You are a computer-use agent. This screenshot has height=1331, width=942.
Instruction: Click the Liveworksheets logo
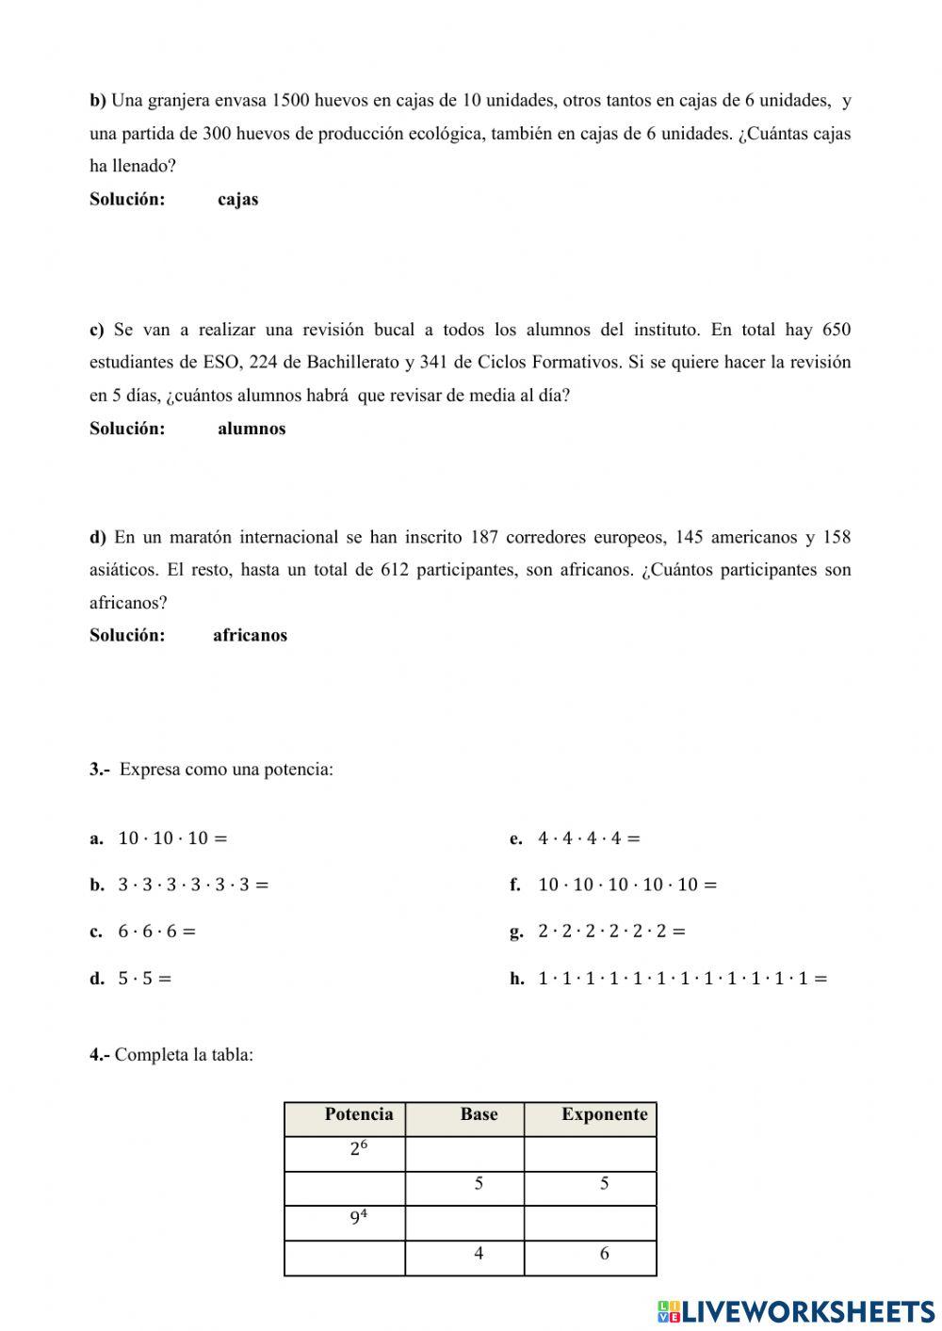click(x=796, y=1310)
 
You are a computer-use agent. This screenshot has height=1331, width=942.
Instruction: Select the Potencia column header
click(x=358, y=1115)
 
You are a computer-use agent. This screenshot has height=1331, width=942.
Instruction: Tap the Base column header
click(x=479, y=1115)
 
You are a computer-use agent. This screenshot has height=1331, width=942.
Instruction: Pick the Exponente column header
click(x=604, y=1115)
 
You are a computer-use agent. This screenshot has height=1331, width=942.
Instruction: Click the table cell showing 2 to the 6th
click(x=358, y=1149)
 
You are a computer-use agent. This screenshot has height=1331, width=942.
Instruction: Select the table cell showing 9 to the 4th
click(x=358, y=1218)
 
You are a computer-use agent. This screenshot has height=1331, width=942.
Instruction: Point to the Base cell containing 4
click(x=479, y=1254)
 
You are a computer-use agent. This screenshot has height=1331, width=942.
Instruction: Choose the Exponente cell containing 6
click(x=604, y=1254)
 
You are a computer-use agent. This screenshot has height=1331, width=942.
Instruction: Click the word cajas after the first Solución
click(x=237, y=200)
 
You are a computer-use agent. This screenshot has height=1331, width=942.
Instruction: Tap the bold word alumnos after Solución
click(x=252, y=429)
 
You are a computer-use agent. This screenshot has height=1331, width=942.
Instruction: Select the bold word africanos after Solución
click(x=250, y=636)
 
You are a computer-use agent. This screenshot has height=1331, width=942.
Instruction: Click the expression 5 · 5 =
click(x=144, y=979)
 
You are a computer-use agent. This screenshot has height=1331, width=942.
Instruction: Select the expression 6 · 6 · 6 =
click(x=156, y=932)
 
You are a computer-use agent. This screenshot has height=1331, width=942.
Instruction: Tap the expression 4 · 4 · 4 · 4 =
click(x=589, y=838)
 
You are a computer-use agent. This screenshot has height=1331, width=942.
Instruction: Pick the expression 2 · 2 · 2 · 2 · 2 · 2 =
click(x=611, y=932)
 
